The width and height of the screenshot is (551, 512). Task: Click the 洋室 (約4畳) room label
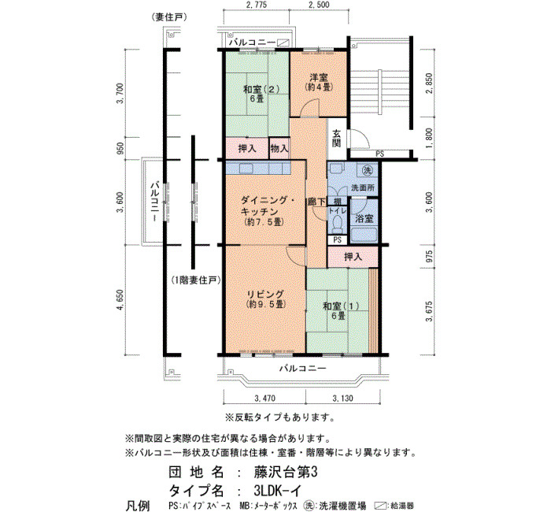[x=318, y=82]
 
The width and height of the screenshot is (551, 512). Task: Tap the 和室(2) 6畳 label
[x=261, y=94]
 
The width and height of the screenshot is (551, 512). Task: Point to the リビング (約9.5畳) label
[x=265, y=299]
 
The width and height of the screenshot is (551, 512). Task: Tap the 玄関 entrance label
[x=337, y=138]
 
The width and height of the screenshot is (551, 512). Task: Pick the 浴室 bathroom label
[x=364, y=219]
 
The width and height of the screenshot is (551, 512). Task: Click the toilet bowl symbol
[x=338, y=224]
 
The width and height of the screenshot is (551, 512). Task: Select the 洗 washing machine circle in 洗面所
[x=368, y=171]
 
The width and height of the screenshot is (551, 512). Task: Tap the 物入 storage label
[x=279, y=149]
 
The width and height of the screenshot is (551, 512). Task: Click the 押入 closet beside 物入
[x=247, y=149]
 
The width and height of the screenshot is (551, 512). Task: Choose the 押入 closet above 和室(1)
[x=353, y=257]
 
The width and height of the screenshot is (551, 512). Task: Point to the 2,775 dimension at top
[x=257, y=5]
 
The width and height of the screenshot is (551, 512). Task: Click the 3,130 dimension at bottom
[x=342, y=399]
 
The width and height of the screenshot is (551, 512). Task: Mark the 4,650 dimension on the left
[x=120, y=300]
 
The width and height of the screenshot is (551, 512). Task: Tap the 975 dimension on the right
[x=429, y=257]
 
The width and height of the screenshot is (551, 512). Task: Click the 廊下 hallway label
[x=316, y=202]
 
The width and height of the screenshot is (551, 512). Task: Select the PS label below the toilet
[x=338, y=240]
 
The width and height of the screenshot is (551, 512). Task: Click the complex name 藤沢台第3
[x=285, y=473]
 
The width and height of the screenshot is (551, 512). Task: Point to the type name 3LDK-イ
[x=277, y=490]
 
